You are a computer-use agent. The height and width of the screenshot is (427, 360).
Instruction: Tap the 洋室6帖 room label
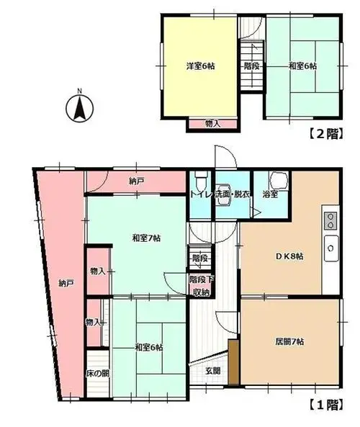[x=200, y=66]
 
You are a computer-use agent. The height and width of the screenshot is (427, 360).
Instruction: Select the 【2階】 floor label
[x=325, y=134]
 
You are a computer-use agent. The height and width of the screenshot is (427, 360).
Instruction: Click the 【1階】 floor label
[x=325, y=405]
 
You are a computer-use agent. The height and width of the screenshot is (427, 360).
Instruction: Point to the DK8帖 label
[x=289, y=256]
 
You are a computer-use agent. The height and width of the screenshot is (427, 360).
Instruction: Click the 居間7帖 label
[x=289, y=341]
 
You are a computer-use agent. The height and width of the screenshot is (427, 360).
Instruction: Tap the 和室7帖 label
[x=146, y=238]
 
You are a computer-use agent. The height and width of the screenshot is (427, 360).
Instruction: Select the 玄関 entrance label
[x=212, y=370]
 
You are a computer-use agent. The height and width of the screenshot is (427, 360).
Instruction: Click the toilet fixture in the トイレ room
[x=201, y=181]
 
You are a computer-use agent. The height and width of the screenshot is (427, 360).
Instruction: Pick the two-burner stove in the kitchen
[x=330, y=221]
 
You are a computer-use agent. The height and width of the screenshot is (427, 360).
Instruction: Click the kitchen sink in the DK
[x=331, y=248]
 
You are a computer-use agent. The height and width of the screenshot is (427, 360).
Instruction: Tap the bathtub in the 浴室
[x=279, y=181]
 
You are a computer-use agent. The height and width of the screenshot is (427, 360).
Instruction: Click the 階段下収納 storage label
[x=202, y=286]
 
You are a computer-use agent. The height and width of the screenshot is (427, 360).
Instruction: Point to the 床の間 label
[x=97, y=373]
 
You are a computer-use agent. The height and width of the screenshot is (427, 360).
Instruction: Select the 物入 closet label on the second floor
[x=212, y=124]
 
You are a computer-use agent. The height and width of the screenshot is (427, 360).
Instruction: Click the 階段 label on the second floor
[x=251, y=66]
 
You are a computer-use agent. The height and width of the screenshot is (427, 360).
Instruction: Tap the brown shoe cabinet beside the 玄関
[x=233, y=362]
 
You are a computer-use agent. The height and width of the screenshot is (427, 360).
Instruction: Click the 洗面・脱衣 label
[x=233, y=194]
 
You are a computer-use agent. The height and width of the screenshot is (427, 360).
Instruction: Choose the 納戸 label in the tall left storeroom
[x=66, y=284]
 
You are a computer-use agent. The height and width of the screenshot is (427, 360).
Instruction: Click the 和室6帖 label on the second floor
[x=302, y=66]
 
